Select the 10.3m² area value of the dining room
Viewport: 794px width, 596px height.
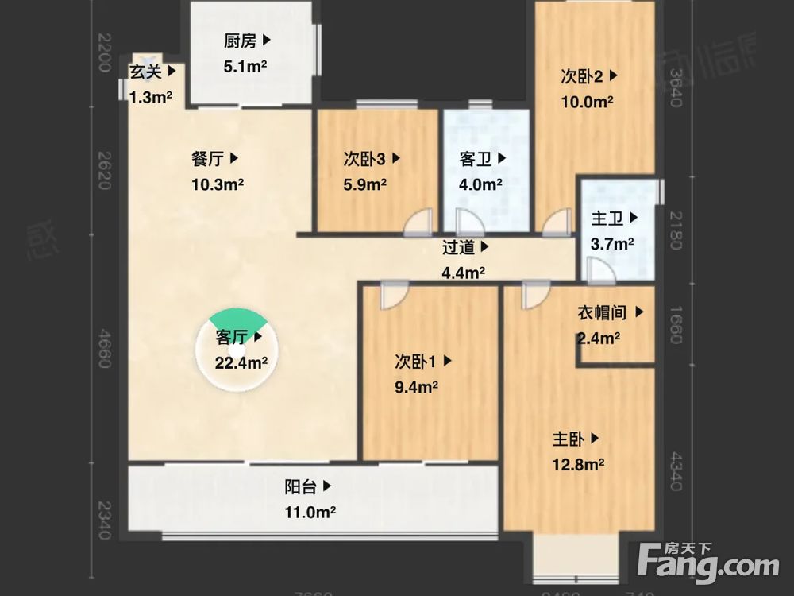217,184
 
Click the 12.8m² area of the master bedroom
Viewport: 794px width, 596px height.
579,463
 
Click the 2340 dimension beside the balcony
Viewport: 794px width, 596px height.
102,519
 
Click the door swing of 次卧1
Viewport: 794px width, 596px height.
392,296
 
